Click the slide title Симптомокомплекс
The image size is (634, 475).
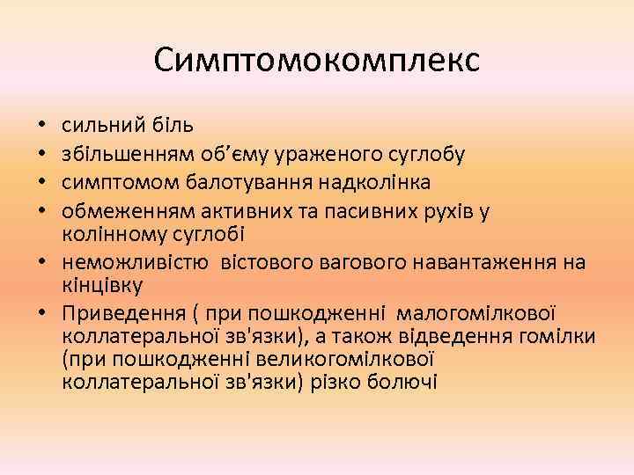click(317, 60)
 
